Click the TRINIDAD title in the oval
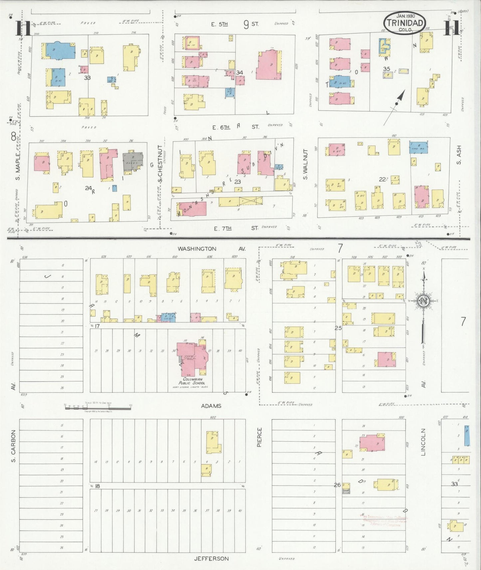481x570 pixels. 405,23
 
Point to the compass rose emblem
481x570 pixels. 424,301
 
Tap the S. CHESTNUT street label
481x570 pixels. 160,163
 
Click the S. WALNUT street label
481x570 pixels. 305,164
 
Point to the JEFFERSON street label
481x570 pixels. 211,559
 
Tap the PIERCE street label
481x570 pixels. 259,437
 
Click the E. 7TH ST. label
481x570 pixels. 236,228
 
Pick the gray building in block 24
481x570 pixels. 133,161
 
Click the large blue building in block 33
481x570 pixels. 60,50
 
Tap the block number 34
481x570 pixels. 239,72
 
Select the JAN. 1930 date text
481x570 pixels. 404,16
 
